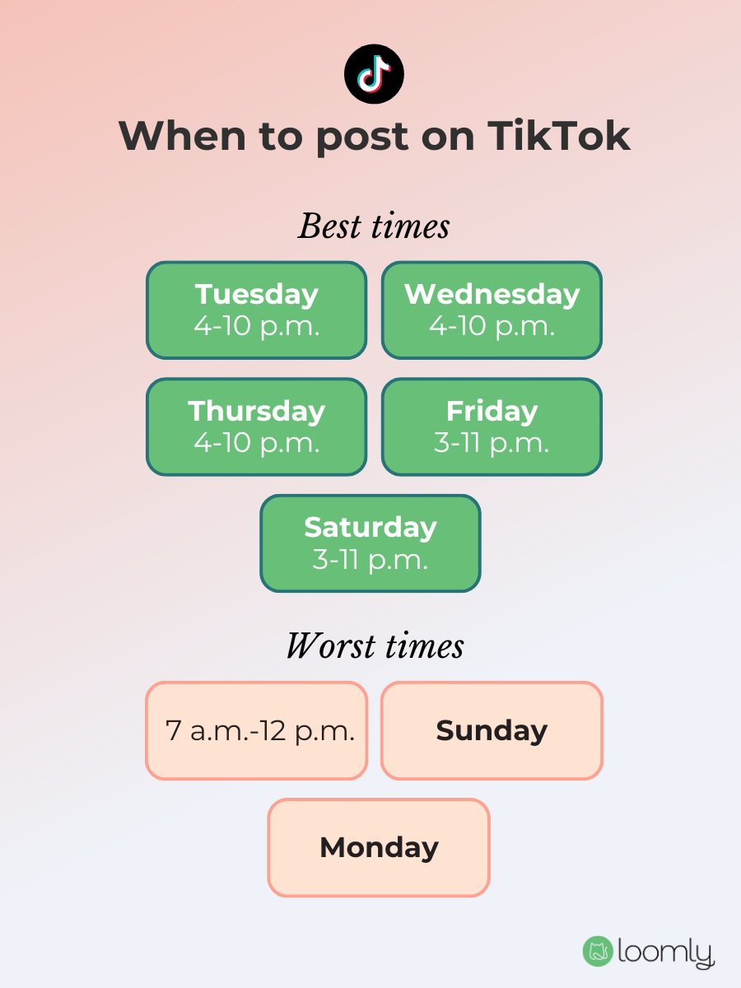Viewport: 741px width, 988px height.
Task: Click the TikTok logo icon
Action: pyautogui.click(x=374, y=74)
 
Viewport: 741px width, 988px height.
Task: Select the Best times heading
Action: pyautogui.click(x=374, y=226)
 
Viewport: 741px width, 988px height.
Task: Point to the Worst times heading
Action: pyautogui.click(x=375, y=646)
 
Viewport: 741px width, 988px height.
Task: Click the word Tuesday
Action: pyautogui.click(x=257, y=294)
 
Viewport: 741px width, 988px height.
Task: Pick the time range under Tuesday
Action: pyautogui.click(x=257, y=326)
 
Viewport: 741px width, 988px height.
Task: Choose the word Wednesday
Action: pyautogui.click(x=492, y=294)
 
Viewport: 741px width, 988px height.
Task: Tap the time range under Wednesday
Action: pyautogui.click(x=492, y=326)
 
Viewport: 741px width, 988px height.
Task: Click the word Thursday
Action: pyautogui.click(x=257, y=411)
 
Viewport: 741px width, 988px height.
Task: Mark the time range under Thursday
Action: pyautogui.click(x=257, y=443)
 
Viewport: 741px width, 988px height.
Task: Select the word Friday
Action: pyautogui.click(x=492, y=411)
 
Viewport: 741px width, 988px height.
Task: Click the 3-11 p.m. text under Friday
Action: pyautogui.click(x=492, y=443)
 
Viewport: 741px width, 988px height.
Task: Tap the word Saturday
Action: pyautogui.click(x=370, y=527)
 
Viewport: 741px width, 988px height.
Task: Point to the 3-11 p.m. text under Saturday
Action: pyautogui.click(x=370, y=560)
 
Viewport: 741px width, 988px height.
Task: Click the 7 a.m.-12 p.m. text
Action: pyautogui.click(x=260, y=731)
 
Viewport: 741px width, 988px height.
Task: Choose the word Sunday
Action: pyautogui.click(x=492, y=731)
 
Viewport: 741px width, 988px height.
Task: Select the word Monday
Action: pyautogui.click(x=379, y=847)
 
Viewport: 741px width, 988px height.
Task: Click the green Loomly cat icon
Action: pyautogui.click(x=598, y=951)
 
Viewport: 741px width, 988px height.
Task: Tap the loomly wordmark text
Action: pyautogui.click(x=665, y=953)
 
